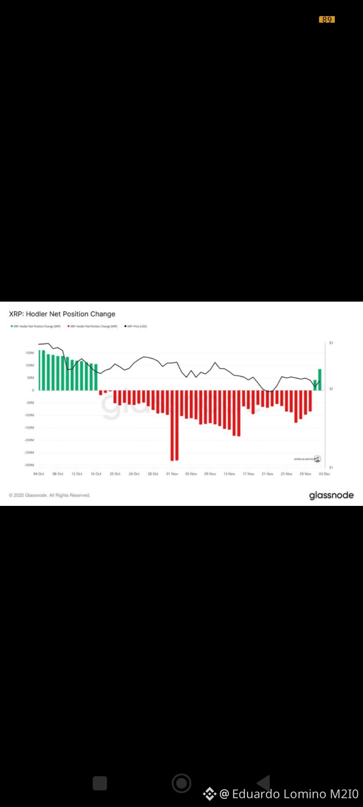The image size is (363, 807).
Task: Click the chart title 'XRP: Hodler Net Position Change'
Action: [x=62, y=314]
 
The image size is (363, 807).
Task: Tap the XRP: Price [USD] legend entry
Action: [x=136, y=326]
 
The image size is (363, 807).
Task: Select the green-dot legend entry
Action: [x=36, y=326]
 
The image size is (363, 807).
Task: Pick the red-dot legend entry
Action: [x=93, y=326]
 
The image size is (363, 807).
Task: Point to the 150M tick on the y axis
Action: [x=29, y=353]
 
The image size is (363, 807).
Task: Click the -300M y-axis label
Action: [x=29, y=465]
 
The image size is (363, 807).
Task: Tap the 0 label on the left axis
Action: [x=33, y=390]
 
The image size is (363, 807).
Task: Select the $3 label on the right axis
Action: [x=331, y=343]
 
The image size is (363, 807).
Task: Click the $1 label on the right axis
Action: [x=331, y=468]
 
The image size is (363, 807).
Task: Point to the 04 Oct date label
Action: [x=39, y=474]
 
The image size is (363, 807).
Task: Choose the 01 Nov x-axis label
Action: [x=172, y=474]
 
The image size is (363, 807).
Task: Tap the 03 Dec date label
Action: [x=324, y=474]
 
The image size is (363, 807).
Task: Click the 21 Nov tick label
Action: [x=267, y=474]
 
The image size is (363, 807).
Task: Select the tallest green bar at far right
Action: [x=320, y=379]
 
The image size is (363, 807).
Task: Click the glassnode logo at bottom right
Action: [x=331, y=495]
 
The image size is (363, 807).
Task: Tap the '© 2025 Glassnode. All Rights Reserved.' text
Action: [x=49, y=495]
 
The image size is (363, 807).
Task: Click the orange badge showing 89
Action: [x=327, y=20]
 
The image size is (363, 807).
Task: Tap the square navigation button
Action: [x=100, y=783]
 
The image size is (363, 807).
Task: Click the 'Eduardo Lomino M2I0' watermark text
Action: [x=295, y=794]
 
